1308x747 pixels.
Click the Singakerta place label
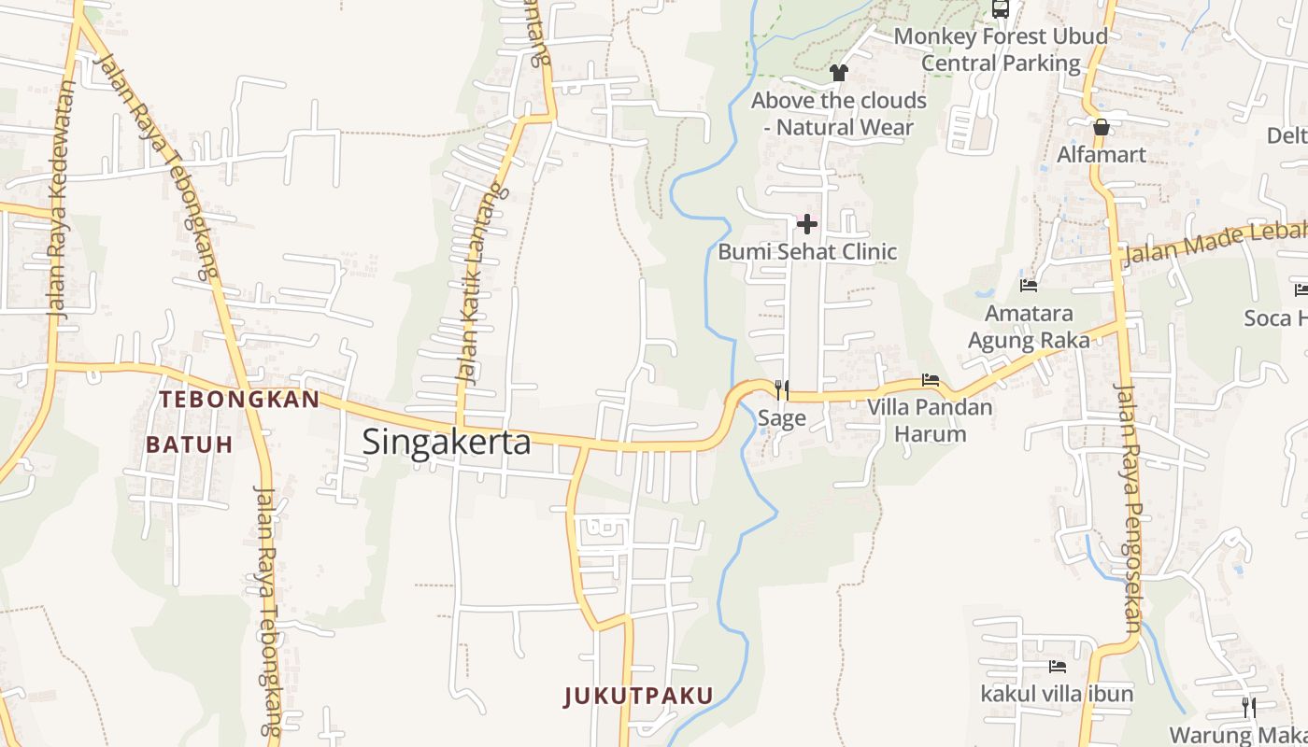[x=447, y=442]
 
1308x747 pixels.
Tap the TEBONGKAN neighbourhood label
[x=239, y=400]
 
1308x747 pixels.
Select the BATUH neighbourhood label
[x=189, y=444]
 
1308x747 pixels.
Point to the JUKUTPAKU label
[x=639, y=696]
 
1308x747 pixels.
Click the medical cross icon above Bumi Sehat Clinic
[x=807, y=224]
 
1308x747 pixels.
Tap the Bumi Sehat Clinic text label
[x=807, y=252]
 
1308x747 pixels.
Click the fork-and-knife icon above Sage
[x=782, y=389]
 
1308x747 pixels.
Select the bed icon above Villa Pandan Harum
[x=931, y=380]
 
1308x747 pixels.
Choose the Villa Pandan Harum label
[x=931, y=420]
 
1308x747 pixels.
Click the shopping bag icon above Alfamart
[x=1102, y=127]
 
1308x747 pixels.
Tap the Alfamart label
[x=1102, y=155]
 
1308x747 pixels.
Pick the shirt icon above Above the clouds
[x=838, y=72]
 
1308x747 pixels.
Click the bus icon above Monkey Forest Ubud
[x=1001, y=9]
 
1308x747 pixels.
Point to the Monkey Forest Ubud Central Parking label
[x=1001, y=49]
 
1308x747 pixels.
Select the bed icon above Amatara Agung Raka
[x=1029, y=285]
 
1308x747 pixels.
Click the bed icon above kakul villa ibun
[x=1058, y=667]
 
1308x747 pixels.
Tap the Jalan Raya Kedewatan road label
[x=63, y=201]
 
